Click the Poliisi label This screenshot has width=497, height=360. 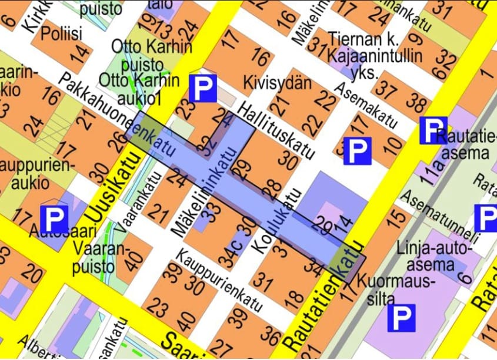(x=62, y=33)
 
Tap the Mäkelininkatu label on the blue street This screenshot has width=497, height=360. (x=205, y=191)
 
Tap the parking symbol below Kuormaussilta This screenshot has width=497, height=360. (x=401, y=318)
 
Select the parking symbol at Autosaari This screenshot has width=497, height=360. (x=54, y=218)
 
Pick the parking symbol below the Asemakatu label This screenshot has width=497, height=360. (x=356, y=150)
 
